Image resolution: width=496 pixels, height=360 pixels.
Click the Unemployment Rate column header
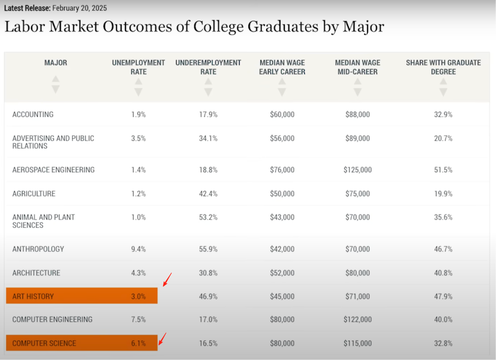tap(138, 67)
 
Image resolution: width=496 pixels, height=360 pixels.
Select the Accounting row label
tap(33, 115)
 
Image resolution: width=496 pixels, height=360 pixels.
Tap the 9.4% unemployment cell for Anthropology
tap(138, 249)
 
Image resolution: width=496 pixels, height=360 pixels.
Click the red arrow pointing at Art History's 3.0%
tap(167, 279)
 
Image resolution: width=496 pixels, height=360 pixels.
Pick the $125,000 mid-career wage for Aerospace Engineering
tap(358, 170)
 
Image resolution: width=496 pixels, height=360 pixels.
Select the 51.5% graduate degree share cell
tap(443, 170)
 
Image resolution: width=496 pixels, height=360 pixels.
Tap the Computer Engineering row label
tap(52, 319)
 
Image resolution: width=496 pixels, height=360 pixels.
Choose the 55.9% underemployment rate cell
tap(208, 249)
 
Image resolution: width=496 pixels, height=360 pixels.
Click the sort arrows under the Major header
tap(56, 84)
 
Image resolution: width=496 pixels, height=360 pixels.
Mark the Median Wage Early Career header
tap(282, 67)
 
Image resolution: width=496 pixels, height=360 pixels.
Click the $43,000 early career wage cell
tap(282, 217)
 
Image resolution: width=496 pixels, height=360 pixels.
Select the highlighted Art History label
tap(33, 297)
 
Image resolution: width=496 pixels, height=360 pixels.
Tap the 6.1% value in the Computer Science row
tap(138, 343)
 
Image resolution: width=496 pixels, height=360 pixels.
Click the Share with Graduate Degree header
tap(443, 67)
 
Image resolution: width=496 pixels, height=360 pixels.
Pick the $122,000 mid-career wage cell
tap(358, 319)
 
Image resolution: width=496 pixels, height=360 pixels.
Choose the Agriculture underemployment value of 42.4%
tap(208, 194)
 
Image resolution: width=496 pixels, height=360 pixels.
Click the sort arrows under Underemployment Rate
tap(208, 87)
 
